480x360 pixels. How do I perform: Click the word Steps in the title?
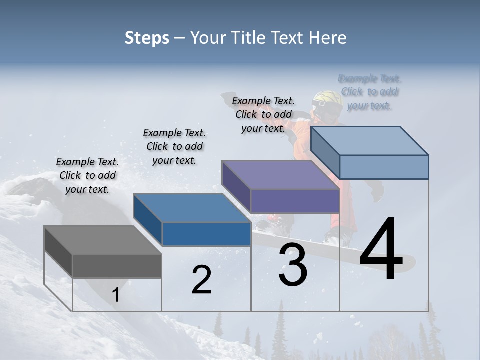pos(147,38)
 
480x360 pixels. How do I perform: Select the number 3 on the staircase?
pos(293,265)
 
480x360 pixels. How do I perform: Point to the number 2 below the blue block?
pos(201,280)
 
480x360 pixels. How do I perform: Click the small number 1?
pos(115,295)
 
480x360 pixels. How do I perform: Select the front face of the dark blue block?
pos(206,234)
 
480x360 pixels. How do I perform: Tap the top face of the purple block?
pos(280,175)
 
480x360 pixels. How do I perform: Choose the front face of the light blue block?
pos(384,167)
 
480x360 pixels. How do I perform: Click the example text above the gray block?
pos(87,175)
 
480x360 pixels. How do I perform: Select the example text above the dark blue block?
pos(174,146)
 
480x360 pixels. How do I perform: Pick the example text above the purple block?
pos(263,114)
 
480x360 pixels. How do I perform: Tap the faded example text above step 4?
pos(369,92)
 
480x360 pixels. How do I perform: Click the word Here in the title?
pos(328,38)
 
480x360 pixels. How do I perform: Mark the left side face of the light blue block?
pos(325,153)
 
